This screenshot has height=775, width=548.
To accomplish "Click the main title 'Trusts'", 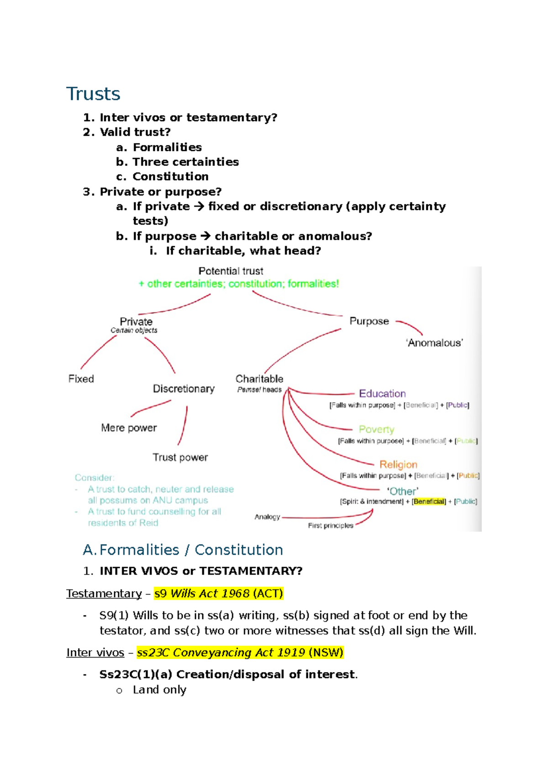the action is click(x=93, y=94).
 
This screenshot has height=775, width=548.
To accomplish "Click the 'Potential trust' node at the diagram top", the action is click(x=231, y=271).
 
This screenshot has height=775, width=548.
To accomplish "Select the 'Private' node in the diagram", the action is click(x=136, y=322).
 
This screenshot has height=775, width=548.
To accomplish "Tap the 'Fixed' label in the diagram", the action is click(x=81, y=379).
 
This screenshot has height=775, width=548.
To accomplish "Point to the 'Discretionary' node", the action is click(x=184, y=389).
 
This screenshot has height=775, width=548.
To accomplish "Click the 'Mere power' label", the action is click(x=129, y=428).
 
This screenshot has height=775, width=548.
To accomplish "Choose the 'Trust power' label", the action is click(x=180, y=457).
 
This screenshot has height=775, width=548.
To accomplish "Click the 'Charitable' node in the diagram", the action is click(x=259, y=379).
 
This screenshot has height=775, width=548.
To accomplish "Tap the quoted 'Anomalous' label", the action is click(x=435, y=343).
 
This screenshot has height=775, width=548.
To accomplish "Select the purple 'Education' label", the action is click(x=382, y=393).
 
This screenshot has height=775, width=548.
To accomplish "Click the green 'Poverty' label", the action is click(x=376, y=430).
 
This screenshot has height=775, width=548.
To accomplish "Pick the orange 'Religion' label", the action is click(x=398, y=465).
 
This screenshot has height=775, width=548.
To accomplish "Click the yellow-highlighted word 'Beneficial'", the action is click(x=429, y=502).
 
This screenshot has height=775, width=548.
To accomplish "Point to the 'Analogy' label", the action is click(x=267, y=517).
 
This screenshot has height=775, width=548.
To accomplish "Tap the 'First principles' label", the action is click(x=331, y=526).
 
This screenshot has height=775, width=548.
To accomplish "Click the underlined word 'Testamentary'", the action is click(x=104, y=593).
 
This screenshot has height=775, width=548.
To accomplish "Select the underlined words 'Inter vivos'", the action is click(x=95, y=653).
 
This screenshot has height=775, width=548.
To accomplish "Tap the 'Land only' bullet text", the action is click(x=159, y=690).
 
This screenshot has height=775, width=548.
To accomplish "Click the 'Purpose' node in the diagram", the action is click(x=369, y=321).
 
